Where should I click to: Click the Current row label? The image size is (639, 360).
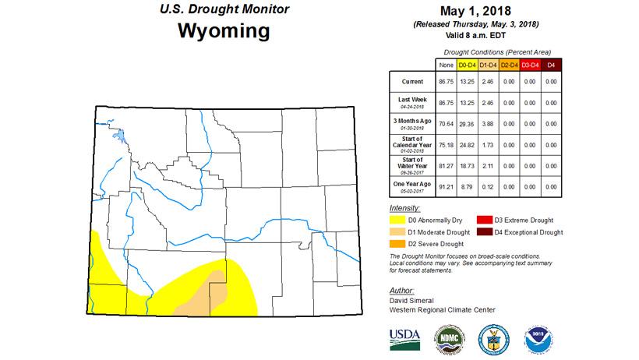point(412,81)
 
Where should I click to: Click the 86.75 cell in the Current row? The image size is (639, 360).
point(447,81)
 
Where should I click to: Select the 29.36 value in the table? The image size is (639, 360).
point(468,123)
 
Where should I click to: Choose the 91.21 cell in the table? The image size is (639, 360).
point(447,186)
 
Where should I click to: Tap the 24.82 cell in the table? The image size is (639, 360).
point(468,144)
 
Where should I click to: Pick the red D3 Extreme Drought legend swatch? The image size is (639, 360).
point(484,220)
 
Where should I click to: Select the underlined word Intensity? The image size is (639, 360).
point(404,209)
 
